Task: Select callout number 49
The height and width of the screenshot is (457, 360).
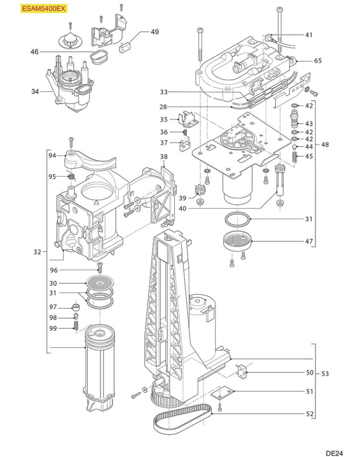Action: pos(155,32)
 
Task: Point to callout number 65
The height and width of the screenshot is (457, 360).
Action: pos(317,61)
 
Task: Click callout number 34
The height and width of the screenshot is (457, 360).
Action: pos(35,92)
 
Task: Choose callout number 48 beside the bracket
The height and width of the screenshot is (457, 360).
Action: pos(325,145)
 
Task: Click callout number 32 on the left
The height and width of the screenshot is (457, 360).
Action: pos(37,252)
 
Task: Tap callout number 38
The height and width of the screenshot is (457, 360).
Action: pos(163,156)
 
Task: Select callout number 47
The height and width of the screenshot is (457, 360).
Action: pos(308,242)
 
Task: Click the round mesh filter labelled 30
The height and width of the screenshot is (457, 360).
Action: pos(99,283)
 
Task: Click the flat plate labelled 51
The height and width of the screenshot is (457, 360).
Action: pos(222,394)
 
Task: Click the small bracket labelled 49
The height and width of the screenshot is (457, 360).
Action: pos(126,46)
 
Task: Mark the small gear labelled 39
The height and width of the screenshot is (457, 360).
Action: pos(200,190)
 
